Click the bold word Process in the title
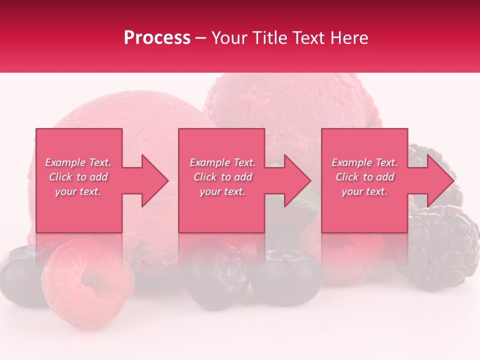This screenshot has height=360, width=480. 157,37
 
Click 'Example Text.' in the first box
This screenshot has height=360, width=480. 78,162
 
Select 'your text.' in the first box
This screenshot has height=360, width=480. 78,191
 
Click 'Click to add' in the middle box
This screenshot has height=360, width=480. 222,177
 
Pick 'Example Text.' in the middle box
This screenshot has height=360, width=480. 222,162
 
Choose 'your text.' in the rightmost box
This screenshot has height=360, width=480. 364,191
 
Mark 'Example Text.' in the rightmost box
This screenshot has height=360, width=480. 364,162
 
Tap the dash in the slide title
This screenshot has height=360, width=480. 200,38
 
